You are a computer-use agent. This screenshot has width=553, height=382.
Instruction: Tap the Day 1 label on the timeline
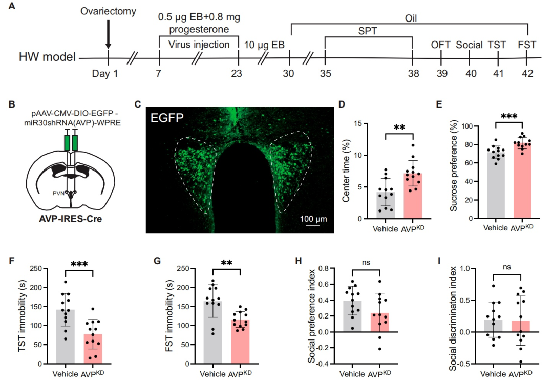[105, 73]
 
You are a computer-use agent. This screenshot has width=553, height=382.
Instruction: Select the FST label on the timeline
[527, 45]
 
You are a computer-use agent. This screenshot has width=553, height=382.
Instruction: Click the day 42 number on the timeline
[527, 73]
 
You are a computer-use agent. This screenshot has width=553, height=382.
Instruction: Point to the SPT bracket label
[368, 31]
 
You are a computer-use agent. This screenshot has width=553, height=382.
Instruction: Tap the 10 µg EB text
[264, 45]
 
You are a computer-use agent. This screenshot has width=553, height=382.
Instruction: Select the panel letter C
[137, 104]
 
